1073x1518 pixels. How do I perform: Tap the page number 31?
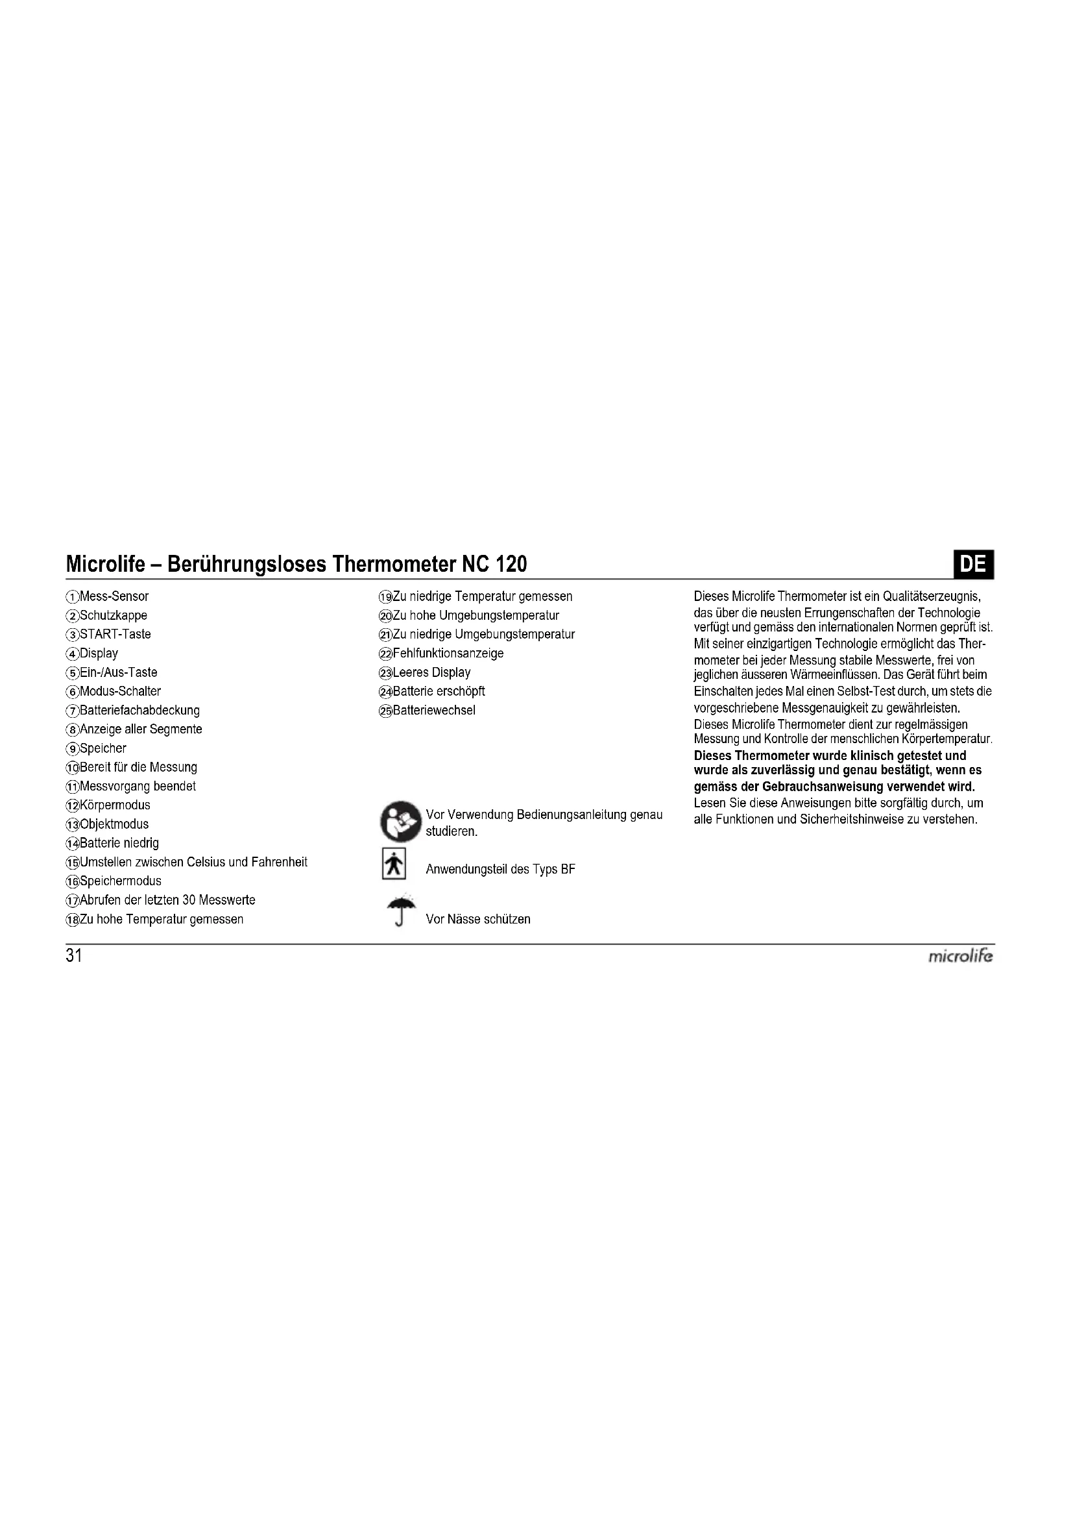pyautogui.click(x=74, y=956)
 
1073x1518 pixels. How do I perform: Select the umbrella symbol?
pyautogui.click(x=401, y=911)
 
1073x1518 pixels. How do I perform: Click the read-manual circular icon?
pyautogui.click(x=400, y=821)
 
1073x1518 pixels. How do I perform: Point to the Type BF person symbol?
pyautogui.click(x=394, y=864)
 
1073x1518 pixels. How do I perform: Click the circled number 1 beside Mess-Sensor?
pyautogui.click(x=72, y=596)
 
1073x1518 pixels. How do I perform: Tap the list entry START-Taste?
pyautogui.click(x=115, y=634)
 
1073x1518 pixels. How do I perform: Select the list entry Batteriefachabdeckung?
pyautogui.click(x=139, y=710)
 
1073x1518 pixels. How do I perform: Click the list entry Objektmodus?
pyautogui.click(x=114, y=824)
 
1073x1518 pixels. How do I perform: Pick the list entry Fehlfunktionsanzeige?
pyautogui.click(x=448, y=654)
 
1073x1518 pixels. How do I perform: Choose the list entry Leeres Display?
pyautogui.click(x=431, y=672)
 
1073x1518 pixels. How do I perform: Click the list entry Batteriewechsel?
pyautogui.click(x=434, y=710)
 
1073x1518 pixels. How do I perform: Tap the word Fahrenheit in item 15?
pyautogui.click(x=280, y=862)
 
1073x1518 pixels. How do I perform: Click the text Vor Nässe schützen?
pyautogui.click(x=478, y=919)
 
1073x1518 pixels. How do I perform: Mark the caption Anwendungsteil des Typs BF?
pyautogui.click(x=500, y=870)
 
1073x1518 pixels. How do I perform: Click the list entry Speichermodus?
pyautogui.click(x=120, y=881)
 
